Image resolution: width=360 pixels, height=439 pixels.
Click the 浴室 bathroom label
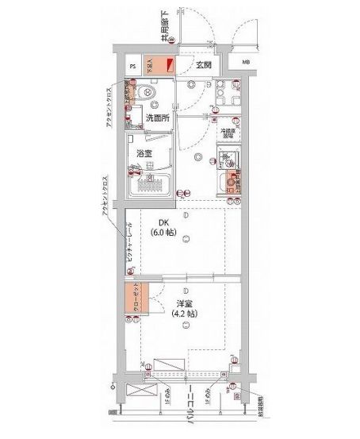144,152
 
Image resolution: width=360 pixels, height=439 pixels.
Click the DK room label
163,223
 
